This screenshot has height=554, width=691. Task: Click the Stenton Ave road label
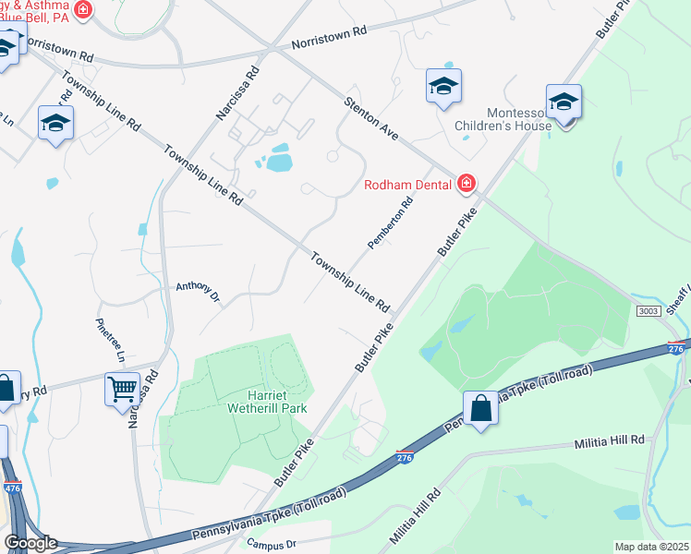coord(371,119)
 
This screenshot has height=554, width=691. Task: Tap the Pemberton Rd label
coord(389,224)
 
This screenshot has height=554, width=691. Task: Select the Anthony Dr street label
coord(198,292)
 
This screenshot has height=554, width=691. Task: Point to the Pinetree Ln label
coord(110,340)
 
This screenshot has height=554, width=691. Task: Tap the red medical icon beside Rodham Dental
coord(467,185)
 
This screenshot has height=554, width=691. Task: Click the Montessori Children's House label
coord(503,120)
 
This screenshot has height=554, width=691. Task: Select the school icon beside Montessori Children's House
coord(563,103)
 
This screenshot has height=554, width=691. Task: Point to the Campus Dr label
coord(271,544)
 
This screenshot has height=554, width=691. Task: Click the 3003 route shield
coord(648,312)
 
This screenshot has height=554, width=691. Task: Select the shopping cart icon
coord(122,389)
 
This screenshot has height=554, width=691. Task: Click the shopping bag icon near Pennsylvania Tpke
coord(481,408)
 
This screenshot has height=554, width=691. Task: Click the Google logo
coord(30,542)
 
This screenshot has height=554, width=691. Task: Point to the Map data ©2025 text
coord(650,547)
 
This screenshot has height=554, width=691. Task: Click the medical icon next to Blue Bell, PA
coord(82,10)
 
